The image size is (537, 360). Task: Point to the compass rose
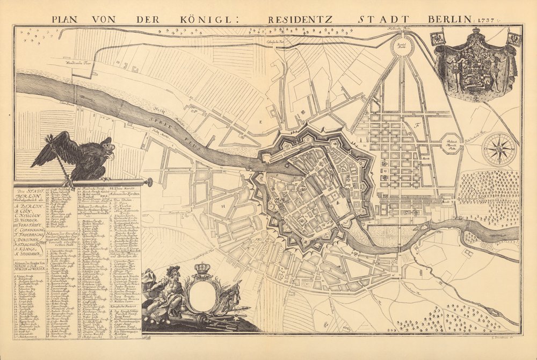point(498,149)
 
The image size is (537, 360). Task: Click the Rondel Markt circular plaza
point(401,46)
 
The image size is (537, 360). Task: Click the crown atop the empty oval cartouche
point(201,269)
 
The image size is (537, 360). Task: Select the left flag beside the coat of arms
point(438,39)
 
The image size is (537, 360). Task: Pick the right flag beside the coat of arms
point(514,39)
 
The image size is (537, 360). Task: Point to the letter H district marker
point(221,205)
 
